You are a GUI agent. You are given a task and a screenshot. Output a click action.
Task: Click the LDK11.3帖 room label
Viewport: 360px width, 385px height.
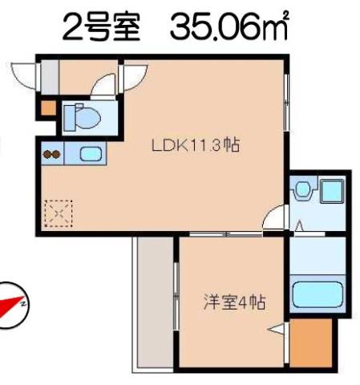[x=196, y=145]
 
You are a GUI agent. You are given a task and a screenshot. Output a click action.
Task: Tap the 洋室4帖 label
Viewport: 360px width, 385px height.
[x=234, y=302]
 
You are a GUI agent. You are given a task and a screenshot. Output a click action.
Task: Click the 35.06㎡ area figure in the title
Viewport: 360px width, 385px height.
[x=229, y=26]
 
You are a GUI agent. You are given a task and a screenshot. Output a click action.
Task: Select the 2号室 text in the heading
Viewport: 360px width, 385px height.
[x=101, y=26]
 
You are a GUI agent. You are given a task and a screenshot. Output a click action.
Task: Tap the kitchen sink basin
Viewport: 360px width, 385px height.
[x=91, y=154]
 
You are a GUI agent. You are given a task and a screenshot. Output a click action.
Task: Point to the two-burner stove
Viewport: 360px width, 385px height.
[x=52, y=154]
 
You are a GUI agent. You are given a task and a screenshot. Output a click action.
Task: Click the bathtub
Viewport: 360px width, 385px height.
[x=318, y=294]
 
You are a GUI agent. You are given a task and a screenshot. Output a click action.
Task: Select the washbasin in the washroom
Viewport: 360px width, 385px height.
[x=303, y=189]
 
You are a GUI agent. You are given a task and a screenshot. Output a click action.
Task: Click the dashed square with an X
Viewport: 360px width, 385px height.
[x=59, y=213]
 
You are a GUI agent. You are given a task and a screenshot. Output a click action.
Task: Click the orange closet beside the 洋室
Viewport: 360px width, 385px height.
[x=311, y=343]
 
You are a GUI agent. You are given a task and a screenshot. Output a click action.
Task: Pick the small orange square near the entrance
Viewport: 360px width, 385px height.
[x=49, y=108]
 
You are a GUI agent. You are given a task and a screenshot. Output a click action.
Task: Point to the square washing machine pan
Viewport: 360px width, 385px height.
[x=331, y=191]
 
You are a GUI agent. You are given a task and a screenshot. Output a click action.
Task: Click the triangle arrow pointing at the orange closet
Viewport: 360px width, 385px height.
[x=276, y=329]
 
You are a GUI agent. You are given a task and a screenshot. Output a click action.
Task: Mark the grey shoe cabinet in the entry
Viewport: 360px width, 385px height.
[x=50, y=78]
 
